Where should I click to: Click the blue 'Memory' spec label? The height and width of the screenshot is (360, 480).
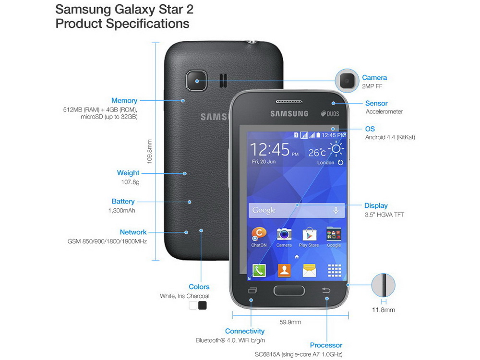click(124, 100)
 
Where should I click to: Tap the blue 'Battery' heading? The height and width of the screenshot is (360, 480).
click(123, 202)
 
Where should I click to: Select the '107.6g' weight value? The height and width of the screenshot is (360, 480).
click(130, 182)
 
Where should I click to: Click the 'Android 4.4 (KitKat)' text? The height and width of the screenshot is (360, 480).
click(390, 137)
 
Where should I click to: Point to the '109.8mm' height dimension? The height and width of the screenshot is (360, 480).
click(149, 152)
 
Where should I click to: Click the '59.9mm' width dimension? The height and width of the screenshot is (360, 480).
click(290, 322)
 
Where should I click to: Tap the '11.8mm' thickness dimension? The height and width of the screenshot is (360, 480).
click(383, 310)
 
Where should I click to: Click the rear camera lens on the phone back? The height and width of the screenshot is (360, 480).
click(196, 81)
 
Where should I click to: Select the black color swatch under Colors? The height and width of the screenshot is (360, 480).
click(203, 305)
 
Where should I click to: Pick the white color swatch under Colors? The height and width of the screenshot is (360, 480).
click(193, 305)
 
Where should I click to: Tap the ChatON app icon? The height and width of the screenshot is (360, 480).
click(259, 235)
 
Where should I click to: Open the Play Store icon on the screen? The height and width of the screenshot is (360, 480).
click(309, 235)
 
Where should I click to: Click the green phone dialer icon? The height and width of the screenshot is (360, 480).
click(259, 271)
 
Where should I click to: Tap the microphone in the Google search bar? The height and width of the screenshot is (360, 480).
click(336, 210)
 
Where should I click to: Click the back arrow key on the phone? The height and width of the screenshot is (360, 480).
click(326, 290)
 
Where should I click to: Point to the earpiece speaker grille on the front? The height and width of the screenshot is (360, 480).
click(289, 101)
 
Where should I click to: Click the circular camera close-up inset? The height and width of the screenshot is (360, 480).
click(347, 81)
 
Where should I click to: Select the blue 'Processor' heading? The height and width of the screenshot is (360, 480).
click(326, 345)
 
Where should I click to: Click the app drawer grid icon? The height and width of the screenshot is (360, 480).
click(334, 271)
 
